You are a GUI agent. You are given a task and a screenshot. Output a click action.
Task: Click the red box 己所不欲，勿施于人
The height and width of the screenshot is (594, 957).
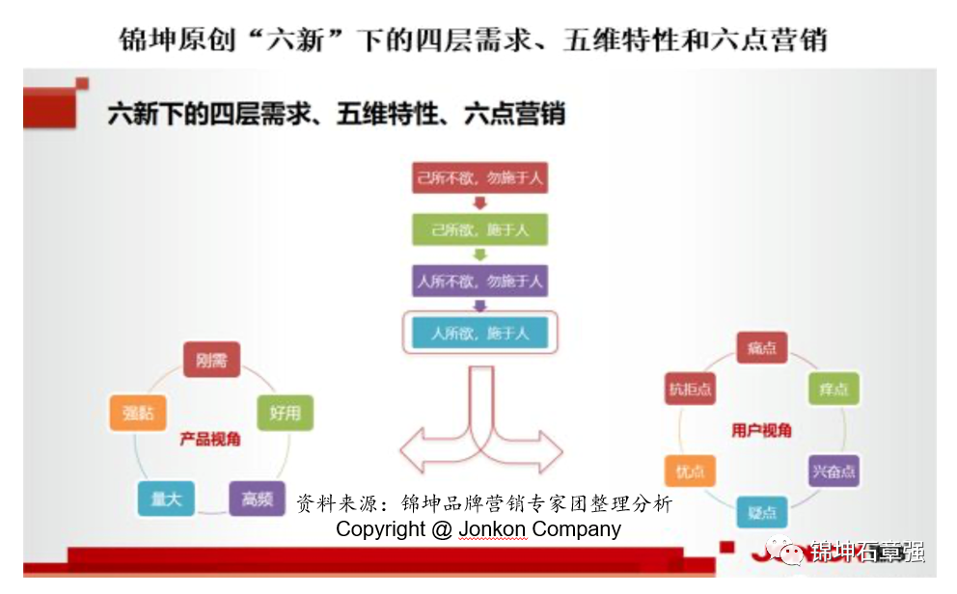(479, 179)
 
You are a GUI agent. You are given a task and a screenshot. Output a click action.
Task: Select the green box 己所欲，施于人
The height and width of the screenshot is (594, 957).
(479, 230)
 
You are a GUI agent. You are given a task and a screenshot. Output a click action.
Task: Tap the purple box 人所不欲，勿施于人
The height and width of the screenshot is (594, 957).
(479, 282)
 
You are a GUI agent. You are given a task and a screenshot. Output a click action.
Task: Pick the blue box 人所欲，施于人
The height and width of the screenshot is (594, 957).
(479, 334)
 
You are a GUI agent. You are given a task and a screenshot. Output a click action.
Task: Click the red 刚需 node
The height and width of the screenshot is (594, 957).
(211, 361)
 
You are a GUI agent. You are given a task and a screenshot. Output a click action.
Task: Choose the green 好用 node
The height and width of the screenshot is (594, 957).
(285, 413)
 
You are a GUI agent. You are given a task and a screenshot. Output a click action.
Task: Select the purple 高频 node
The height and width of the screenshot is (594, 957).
(258, 499)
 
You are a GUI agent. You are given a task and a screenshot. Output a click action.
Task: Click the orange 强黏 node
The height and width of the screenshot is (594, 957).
(138, 413)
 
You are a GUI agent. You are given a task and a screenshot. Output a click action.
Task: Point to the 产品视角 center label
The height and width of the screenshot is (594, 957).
(210, 439)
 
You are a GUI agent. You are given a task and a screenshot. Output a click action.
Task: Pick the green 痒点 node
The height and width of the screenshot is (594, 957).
(833, 389)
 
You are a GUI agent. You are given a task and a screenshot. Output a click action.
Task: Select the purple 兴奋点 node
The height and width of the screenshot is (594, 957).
(833, 471)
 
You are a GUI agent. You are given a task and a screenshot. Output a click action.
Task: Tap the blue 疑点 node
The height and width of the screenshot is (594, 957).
(762, 511)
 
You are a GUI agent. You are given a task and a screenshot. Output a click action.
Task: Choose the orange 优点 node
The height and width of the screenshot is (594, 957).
(690, 471)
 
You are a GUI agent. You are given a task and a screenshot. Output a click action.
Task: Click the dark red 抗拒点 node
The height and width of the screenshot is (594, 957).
(690, 389)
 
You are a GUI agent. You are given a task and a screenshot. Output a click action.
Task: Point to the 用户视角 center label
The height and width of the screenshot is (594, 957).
(761, 430)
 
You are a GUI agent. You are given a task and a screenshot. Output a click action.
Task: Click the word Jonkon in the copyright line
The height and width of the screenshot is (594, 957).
(493, 529)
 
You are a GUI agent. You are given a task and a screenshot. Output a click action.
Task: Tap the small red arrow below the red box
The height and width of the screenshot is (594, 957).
(479, 204)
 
